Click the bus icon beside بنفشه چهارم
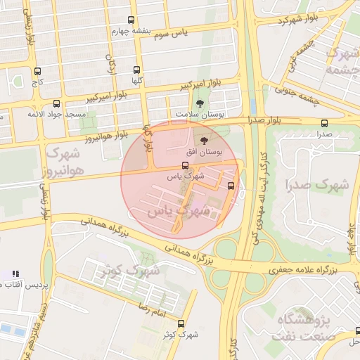click(131, 21)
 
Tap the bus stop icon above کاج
click(37, 71)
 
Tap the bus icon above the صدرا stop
click(323, 122)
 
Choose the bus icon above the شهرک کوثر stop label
click(181, 323)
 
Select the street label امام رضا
click(151, 306)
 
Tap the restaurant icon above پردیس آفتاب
click(16, 273)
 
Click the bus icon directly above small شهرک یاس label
click(185, 166)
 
